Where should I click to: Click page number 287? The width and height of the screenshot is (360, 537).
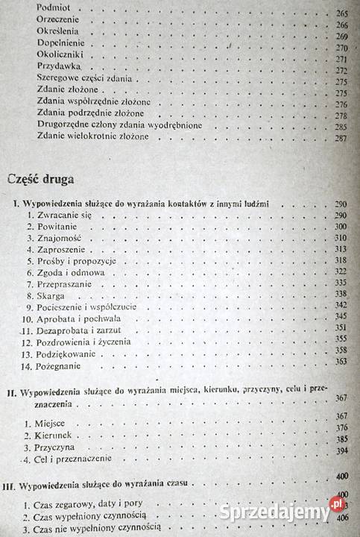[x=341, y=139]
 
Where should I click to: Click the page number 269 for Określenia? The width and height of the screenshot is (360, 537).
[x=342, y=37]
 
